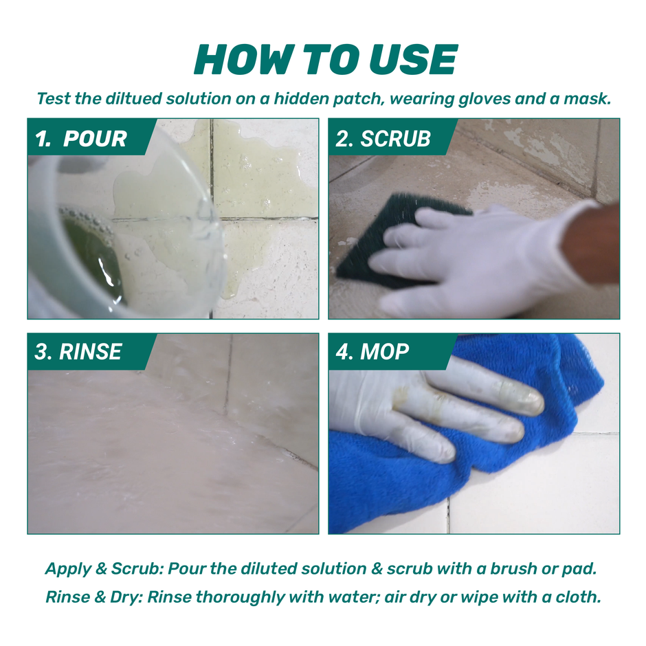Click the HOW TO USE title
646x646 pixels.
(x=325, y=60)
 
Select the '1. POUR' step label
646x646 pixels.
(x=81, y=139)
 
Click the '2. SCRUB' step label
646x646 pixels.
(x=383, y=139)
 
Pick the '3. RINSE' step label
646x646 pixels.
(x=78, y=353)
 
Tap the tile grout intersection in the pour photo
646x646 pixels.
(x=212, y=219)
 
